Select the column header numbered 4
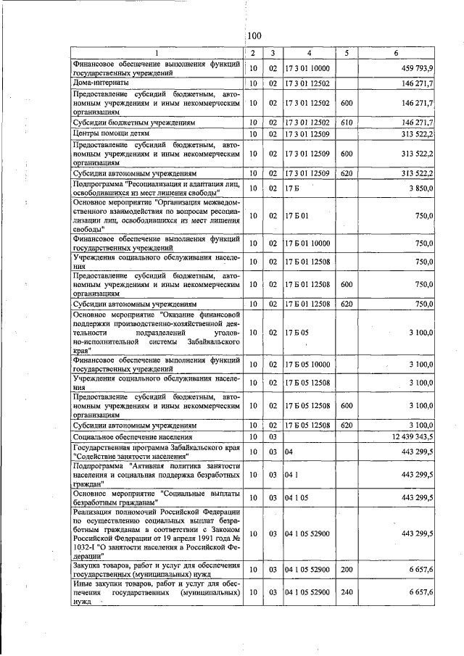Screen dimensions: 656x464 (x=308, y=54)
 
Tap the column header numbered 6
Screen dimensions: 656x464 (x=396, y=54)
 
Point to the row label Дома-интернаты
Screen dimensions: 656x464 (x=101, y=83)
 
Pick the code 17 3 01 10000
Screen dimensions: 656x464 (x=307, y=68)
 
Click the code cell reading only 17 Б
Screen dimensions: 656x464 (x=292, y=188)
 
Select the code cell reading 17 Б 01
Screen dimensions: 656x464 (x=297, y=215)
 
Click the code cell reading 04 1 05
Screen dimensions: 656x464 (x=298, y=497)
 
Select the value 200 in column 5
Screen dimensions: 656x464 (x=347, y=570)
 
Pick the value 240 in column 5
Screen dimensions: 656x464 (x=347, y=592)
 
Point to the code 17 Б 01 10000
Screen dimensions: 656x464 (x=307, y=244)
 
